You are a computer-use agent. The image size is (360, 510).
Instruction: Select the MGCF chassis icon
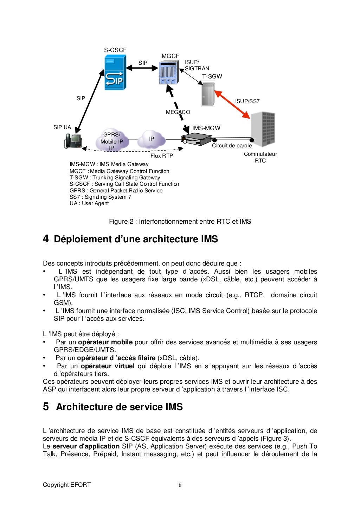coord(169,73)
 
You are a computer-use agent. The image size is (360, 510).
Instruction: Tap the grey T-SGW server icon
coord(207,94)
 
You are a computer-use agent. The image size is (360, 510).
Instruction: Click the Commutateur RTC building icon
coord(263,129)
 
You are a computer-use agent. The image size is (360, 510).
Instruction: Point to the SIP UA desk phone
coord(73,141)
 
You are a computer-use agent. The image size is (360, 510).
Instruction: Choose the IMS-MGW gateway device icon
coord(192,140)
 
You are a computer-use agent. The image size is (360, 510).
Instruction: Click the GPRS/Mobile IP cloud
coord(111,141)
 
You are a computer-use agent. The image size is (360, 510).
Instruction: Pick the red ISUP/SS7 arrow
coord(232,104)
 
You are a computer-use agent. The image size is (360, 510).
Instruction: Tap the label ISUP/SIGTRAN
coord(197,65)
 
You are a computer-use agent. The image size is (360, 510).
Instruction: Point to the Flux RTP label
coord(162,155)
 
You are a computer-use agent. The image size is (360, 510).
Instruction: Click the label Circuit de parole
coord(232,146)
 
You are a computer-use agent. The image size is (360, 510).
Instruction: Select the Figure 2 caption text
coord(180,222)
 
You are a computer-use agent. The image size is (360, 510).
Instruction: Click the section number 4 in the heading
coord(46,239)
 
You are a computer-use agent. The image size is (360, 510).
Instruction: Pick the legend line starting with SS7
coord(100,197)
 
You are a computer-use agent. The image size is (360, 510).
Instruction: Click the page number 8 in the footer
coord(180,485)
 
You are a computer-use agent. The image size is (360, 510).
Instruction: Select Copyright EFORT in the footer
coord(67,485)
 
